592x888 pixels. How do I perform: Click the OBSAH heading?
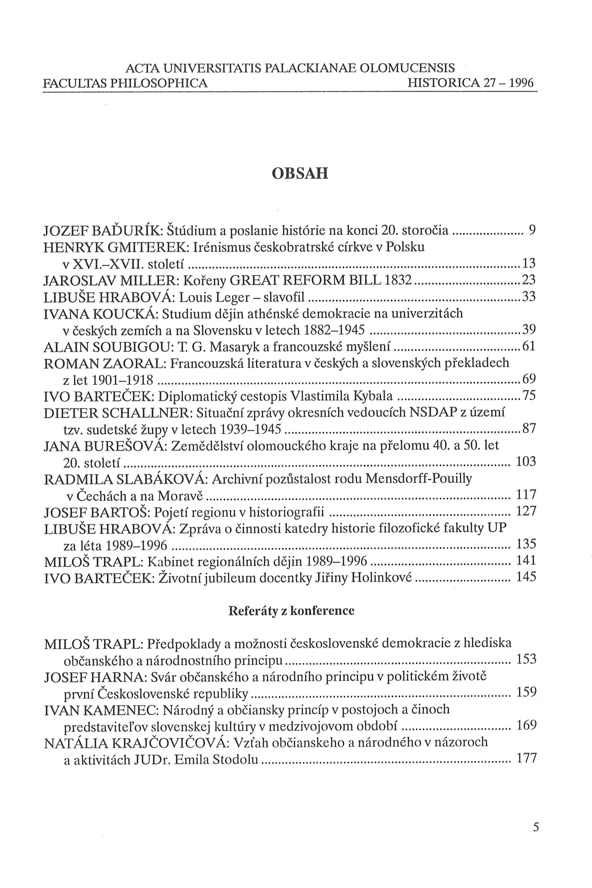[x=300, y=174]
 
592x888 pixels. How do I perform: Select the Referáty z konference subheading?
[x=292, y=611]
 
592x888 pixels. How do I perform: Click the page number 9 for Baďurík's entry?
[x=532, y=230]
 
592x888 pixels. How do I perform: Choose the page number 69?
[x=529, y=379]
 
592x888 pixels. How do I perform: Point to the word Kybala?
[x=373, y=396]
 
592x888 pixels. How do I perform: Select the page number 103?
[x=525, y=461]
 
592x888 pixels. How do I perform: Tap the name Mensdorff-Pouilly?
[x=419, y=479]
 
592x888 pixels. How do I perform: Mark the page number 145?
[x=525, y=577]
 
